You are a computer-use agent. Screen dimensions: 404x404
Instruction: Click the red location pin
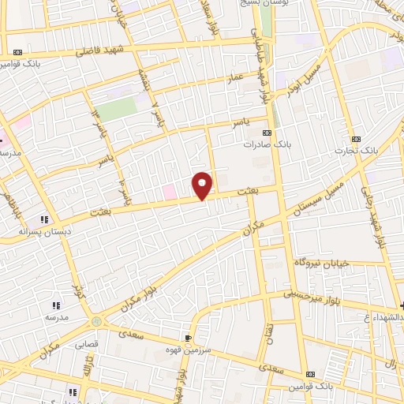coord(203,185)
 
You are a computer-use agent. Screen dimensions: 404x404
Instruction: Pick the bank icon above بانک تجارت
coord(355,137)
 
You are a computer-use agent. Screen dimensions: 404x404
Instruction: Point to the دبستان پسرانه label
coord(39,233)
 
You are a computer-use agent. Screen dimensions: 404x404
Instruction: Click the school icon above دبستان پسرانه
coord(44,220)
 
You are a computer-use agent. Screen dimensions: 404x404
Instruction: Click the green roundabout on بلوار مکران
coord(97,322)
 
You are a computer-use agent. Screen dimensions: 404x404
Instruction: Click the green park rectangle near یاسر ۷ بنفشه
coord(117,110)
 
